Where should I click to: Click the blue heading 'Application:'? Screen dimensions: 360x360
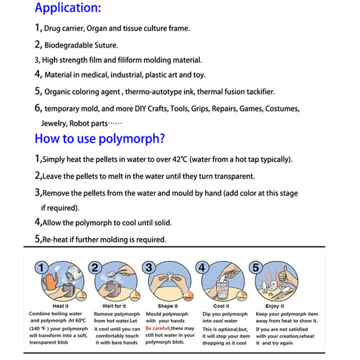[67, 8]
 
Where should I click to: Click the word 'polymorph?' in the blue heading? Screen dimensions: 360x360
[134, 138]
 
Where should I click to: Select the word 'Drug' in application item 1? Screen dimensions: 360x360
[52, 28]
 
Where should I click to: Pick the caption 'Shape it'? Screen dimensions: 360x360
[167, 306]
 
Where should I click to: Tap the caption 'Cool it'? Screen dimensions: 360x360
[221, 306]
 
